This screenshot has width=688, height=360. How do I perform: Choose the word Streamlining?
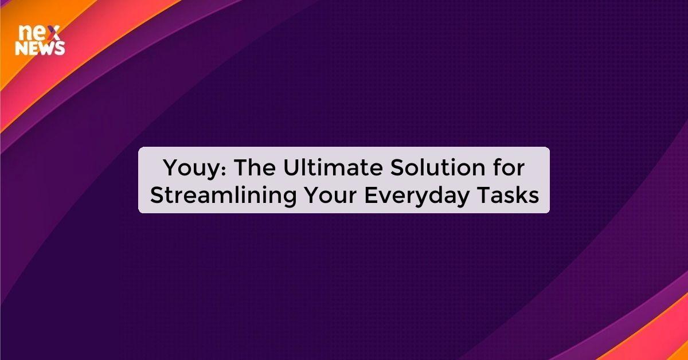click(x=224, y=195)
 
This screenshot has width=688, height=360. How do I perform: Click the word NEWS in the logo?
click(x=40, y=49)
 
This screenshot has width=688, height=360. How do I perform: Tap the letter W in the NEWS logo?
click(x=48, y=49)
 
